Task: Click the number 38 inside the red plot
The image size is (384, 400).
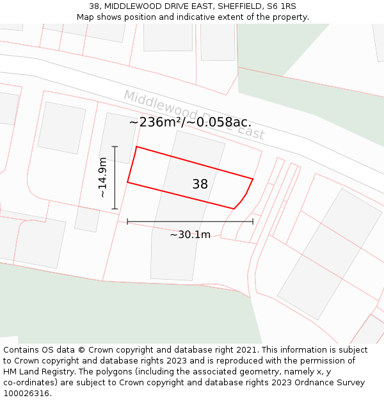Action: (200, 184)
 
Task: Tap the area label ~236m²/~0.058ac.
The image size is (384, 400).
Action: (190, 122)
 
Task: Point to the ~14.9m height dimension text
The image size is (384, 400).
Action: (102, 177)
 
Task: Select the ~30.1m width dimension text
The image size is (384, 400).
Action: (190, 235)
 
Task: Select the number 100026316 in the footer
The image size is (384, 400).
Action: (25, 393)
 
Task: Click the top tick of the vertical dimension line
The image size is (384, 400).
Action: (115, 147)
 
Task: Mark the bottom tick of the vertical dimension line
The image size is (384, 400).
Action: (115, 209)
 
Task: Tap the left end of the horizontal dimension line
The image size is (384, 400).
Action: (127, 221)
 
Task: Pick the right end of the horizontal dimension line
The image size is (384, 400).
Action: (253, 221)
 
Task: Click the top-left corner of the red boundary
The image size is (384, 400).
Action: (136, 147)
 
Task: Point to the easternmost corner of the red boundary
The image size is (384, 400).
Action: (253, 179)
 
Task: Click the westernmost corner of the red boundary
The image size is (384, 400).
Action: (127, 182)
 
